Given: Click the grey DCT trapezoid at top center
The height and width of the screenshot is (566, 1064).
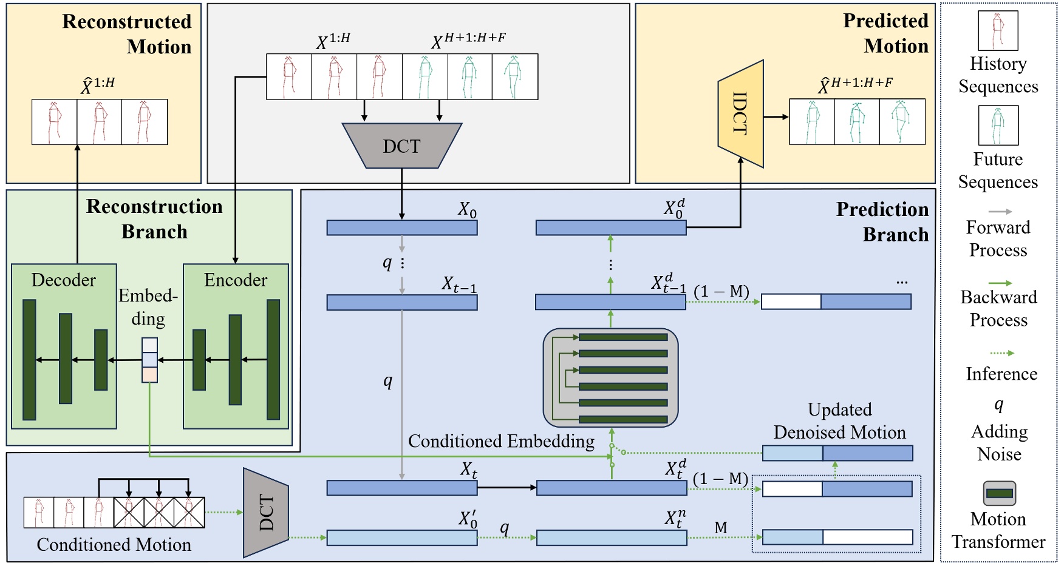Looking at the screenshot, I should [401, 146].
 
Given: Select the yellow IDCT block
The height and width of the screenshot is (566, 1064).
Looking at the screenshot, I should [740, 113].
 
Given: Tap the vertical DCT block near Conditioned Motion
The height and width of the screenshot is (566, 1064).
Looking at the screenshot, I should [265, 513].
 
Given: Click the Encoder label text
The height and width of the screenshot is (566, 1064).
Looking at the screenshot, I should [236, 280].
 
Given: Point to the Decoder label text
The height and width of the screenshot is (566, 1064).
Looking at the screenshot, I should [64, 280].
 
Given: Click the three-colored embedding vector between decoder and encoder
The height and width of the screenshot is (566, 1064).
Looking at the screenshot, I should [149, 360].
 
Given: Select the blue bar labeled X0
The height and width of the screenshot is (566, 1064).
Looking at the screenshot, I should [401, 227].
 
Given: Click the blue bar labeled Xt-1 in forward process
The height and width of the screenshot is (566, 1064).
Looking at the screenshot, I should [401, 302].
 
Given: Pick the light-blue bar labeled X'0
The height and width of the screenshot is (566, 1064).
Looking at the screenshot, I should [401, 537].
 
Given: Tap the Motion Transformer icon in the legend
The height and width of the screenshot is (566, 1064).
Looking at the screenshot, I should [998, 493].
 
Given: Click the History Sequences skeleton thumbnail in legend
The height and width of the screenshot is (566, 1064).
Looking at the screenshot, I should [998, 31].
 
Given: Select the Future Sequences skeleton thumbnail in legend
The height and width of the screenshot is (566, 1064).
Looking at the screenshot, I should [998, 126].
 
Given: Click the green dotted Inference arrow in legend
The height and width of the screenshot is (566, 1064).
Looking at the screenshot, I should [1001, 352].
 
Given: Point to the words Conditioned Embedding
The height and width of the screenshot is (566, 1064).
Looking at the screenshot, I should [501, 441].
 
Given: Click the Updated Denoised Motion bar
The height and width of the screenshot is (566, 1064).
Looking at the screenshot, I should [837, 453].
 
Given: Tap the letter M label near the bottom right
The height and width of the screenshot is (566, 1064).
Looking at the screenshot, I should [720, 527].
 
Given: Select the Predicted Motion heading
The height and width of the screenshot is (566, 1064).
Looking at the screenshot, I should [886, 33].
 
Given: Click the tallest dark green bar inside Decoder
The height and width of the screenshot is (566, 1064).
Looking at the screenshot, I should [29, 360].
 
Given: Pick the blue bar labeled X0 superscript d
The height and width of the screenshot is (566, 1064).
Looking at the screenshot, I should [610, 227].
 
